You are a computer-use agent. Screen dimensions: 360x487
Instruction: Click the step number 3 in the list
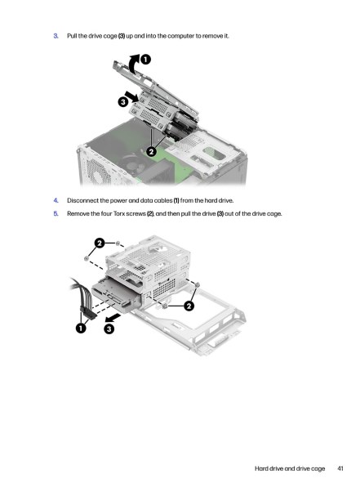click(x=56, y=36)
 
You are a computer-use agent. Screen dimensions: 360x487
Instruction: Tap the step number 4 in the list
click(x=56, y=201)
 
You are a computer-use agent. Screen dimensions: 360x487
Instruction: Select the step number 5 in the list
click(x=56, y=214)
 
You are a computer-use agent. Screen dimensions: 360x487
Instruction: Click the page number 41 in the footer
click(x=340, y=468)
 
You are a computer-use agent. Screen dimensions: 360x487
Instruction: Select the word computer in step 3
click(x=180, y=36)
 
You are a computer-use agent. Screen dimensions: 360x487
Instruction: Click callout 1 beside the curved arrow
click(x=145, y=60)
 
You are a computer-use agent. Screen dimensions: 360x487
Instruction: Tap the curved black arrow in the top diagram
click(x=133, y=64)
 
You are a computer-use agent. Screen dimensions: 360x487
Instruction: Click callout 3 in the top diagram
click(x=123, y=101)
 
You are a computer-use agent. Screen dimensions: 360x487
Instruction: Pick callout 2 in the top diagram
click(x=151, y=152)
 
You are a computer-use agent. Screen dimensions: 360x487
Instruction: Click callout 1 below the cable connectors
click(x=81, y=328)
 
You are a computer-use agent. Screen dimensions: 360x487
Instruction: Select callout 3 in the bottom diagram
click(x=109, y=328)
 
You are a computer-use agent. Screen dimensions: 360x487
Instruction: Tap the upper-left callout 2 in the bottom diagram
click(x=100, y=243)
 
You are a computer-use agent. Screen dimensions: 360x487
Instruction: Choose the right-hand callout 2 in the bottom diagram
click(x=189, y=306)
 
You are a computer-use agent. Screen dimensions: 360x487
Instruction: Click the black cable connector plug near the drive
click(x=88, y=312)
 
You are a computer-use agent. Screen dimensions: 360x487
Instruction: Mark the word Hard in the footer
click(x=261, y=468)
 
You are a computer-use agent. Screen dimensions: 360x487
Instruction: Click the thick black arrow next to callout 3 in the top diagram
click(x=131, y=96)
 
